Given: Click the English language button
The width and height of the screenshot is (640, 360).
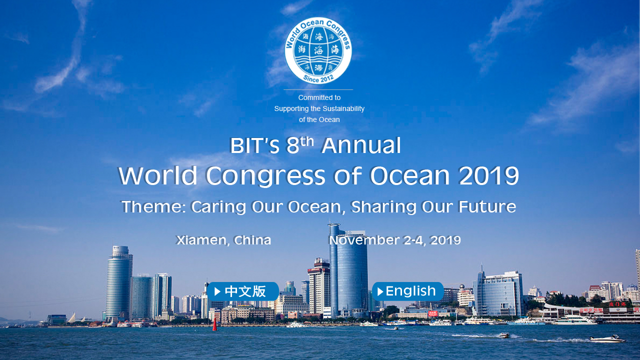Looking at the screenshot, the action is coord(407,291).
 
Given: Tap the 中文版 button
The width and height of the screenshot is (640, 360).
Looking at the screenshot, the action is coord(242,291).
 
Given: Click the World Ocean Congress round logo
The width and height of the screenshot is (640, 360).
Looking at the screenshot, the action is coord(318,50).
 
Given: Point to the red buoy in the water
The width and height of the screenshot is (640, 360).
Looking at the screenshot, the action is coord(214,324).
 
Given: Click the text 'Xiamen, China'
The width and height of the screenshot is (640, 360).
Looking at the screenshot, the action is coord(223,240).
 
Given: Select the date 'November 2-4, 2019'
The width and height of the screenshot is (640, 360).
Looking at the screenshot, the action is coord(395,240).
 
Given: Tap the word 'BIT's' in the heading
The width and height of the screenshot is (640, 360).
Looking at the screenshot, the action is coord(254,145).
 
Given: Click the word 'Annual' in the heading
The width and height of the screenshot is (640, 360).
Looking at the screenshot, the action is coord(361,145).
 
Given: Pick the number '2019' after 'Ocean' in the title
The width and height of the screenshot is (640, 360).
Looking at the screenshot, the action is coord(488,175).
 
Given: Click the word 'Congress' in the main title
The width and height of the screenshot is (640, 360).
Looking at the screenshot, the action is coord(265,176).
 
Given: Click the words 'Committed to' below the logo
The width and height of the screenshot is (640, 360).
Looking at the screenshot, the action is coord(319,97).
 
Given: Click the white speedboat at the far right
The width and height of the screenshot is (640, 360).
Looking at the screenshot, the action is coord(607,339).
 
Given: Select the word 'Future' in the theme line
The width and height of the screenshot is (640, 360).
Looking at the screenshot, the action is coord(487,206).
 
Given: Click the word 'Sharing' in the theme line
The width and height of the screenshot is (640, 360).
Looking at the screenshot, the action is coord(383,207).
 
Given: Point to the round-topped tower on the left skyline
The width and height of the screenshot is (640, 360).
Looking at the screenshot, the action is coord(119,282).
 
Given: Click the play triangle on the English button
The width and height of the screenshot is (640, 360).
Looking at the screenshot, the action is coord(380,291).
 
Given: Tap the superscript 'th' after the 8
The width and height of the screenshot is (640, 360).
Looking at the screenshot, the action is coord(306,141).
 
